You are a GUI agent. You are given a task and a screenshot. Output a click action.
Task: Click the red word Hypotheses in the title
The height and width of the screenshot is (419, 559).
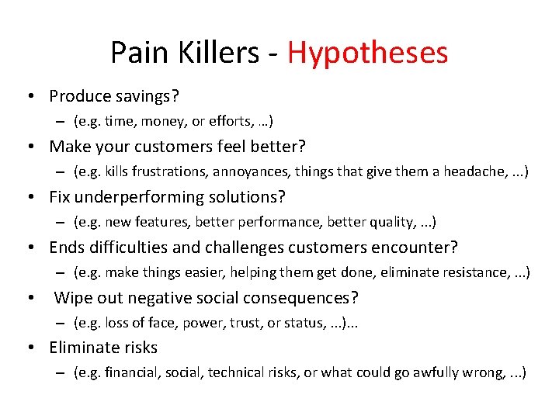coord(367,53)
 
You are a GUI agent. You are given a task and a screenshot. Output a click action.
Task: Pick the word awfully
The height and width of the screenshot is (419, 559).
coord(440,373)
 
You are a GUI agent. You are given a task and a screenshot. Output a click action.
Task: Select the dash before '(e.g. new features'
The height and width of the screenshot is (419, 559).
coord(60,223)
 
